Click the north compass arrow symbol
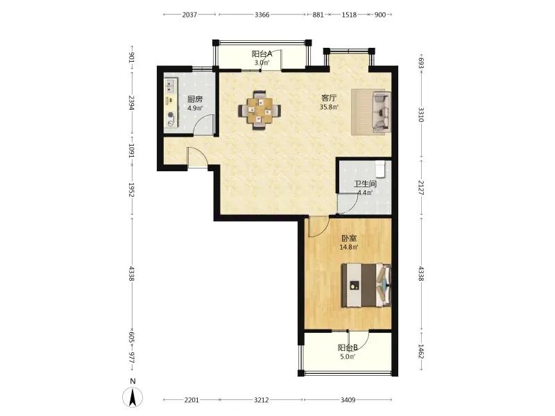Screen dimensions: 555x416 (x=133, y=397)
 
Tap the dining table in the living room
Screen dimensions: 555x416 (x=259, y=110)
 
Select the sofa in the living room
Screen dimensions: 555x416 (x=382, y=112)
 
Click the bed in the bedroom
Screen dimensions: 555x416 (x=366, y=285)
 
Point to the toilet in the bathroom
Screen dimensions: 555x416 (x=380, y=169)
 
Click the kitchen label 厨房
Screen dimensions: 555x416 (x=195, y=99)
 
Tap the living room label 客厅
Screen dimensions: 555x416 (x=329, y=98)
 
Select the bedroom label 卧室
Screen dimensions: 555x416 (x=349, y=239)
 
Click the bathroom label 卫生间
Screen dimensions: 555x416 (x=365, y=184)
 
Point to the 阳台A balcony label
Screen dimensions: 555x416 (x=262, y=54)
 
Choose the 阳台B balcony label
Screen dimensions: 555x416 (x=348, y=348)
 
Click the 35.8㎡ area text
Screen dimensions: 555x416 (x=329, y=107)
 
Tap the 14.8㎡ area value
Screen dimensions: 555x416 (x=349, y=248)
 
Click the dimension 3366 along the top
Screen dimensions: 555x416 (x=262, y=15)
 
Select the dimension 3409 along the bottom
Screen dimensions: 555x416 (x=348, y=400)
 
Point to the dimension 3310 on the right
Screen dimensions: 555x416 (x=421, y=114)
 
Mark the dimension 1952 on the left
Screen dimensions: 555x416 (x=131, y=189)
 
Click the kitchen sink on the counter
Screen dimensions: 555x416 (x=171, y=85)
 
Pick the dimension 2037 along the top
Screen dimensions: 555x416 (x=189, y=15)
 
